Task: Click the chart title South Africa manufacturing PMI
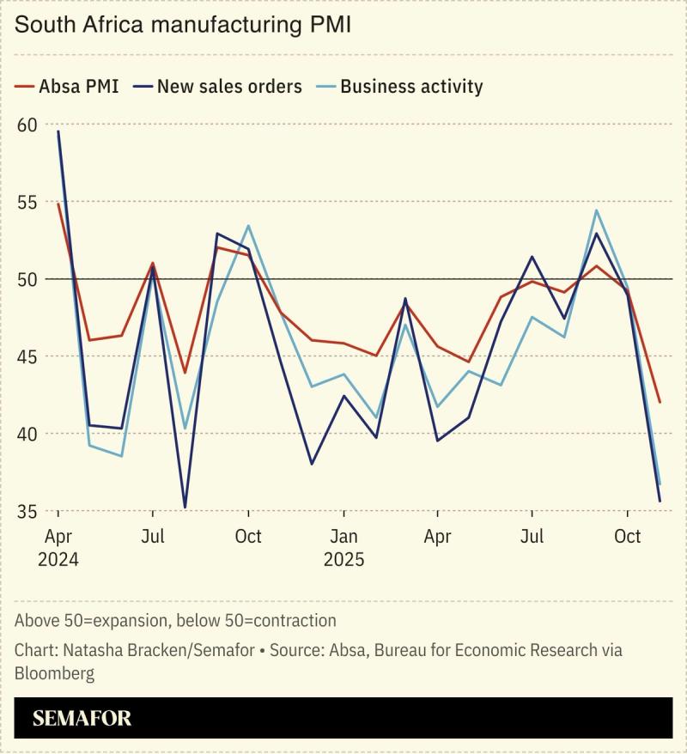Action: click(x=183, y=25)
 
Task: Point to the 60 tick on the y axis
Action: click(x=27, y=125)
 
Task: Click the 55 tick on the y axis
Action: click(x=27, y=203)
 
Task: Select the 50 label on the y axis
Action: click(x=27, y=280)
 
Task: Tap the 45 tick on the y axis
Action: click(x=27, y=357)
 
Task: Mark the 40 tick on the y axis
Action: click(x=27, y=435)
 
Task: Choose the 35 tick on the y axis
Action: click(x=27, y=512)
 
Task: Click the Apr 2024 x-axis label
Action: click(x=58, y=549)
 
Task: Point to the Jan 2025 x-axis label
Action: click(x=343, y=549)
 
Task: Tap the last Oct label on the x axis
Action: click(x=628, y=537)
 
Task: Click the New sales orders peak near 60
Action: click(x=58, y=131)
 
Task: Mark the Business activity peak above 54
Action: click(x=596, y=210)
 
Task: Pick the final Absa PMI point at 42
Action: click(x=660, y=402)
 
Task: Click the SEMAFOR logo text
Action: click(x=82, y=718)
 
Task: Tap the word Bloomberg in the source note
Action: click(x=54, y=673)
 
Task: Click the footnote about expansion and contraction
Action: click(x=175, y=620)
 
